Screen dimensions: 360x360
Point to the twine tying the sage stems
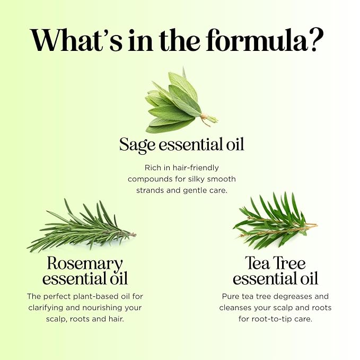click(204, 119)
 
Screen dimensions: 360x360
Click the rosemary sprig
click(81, 226)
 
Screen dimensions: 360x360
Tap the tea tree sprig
click(275, 221)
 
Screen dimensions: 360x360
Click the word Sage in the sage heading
click(137, 145)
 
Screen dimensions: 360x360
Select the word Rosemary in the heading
click(85, 264)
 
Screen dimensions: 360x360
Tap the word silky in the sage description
click(197, 179)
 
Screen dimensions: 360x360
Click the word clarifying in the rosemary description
click(46, 308)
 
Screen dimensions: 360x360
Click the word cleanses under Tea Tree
click(235, 308)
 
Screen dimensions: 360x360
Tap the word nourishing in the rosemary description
click(102, 308)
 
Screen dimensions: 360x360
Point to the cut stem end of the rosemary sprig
click(135, 234)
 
